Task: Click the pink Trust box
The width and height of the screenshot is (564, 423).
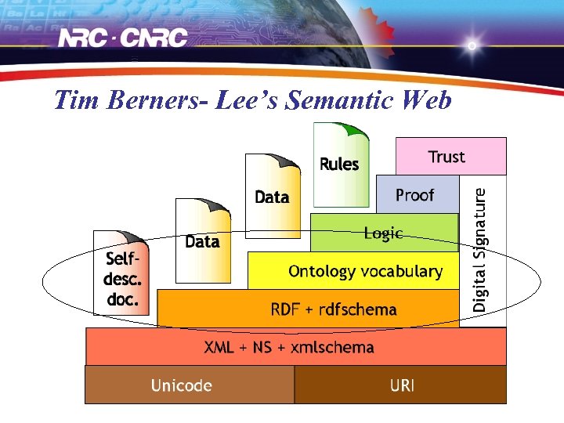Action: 450,157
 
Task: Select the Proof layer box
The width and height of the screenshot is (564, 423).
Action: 417,195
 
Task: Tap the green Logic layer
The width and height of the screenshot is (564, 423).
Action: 384,233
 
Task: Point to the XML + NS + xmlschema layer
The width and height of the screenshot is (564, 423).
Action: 290,347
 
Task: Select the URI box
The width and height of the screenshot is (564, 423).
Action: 401,385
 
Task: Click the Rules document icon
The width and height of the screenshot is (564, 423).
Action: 340,164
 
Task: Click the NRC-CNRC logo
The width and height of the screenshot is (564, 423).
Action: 125,38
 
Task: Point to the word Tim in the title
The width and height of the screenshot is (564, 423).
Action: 76,100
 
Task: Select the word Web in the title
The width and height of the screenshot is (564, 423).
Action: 425,100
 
